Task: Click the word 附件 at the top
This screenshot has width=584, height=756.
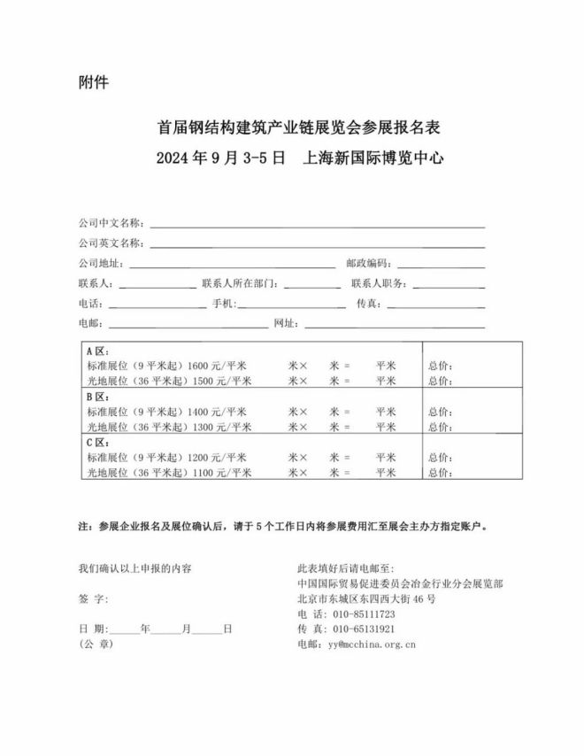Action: (x=93, y=85)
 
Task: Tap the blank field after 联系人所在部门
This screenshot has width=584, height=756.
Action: (x=312, y=284)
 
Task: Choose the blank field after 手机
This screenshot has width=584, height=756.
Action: (x=292, y=305)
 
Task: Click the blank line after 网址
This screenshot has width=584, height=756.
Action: (x=395, y=324)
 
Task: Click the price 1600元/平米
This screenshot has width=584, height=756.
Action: (x=217, y=366)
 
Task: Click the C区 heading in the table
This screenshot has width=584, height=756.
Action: (x=96, y=444)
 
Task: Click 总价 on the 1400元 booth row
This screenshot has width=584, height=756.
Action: (x=440, y=412)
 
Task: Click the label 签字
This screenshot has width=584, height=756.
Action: (x=93, y=598)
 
